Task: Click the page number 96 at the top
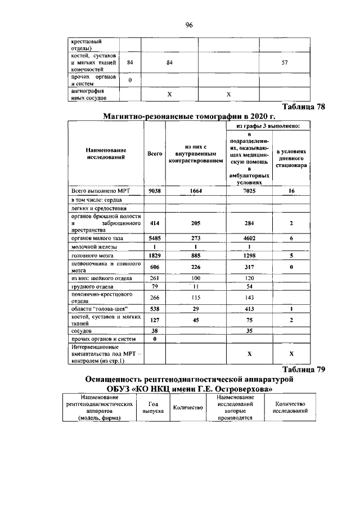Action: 188,25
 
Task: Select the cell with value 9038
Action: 154,191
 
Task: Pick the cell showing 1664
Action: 195,191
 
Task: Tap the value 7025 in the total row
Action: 249,191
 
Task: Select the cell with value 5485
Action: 154,238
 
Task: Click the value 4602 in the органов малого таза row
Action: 249,238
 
